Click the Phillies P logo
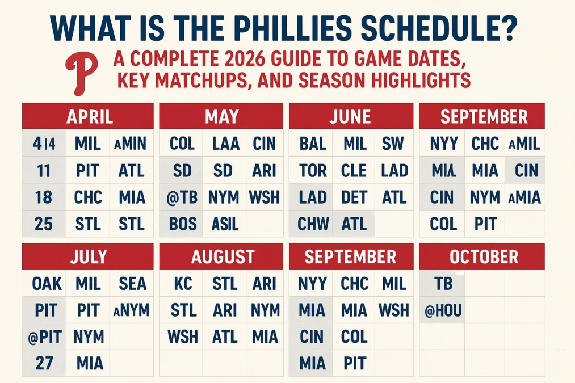83,73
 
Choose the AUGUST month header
223,256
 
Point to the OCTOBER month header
483,256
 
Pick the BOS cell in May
182,224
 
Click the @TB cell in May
182,197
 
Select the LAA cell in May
225,143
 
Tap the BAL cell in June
312,143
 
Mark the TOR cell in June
312,170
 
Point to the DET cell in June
354,197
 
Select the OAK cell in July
44,283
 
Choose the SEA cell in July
132,283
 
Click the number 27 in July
43,363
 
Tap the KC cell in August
182,283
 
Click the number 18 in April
44,197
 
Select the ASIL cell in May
225,224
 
